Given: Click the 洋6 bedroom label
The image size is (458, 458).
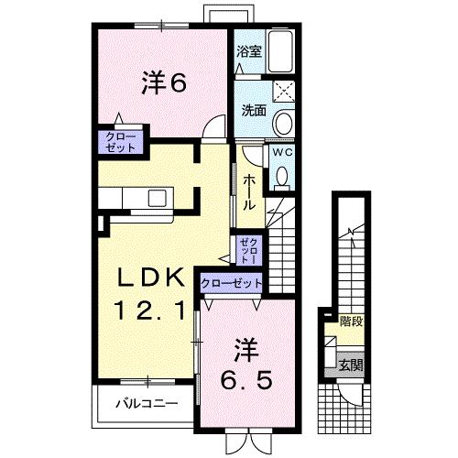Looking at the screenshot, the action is pyautogui.click(x=164, y=82).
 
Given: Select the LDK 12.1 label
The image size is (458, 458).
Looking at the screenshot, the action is pyautogui.click(x=151, y=294).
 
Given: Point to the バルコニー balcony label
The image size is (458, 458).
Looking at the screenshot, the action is pyautogui.click(x=147, y=404).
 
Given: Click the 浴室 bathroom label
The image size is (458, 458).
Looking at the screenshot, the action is pyautogui.click(x=249, y=51).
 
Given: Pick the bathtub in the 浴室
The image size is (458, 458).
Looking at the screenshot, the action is pyautogui.click(x=280, y=51).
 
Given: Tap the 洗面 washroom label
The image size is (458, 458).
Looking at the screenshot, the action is pyautogui.click(x=254, y=110).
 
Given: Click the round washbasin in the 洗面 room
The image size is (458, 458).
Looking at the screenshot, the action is pyautogui.click(x=284, y=123).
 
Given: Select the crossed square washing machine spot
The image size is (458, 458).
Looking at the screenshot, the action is pyautogui.click(x=284, y=92).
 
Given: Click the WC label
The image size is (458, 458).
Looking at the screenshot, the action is pyautogui.click(x=283, y=152).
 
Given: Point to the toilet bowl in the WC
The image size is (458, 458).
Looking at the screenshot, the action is pyautogui.click(x=281, y=176).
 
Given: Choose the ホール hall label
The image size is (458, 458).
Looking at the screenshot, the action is pyautogui.click(x=249, y=191).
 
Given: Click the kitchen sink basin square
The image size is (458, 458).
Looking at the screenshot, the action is pyautogui.click(x=158, y=198).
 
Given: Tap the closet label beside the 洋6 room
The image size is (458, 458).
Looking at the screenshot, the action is pyautogui.click(x=120, y=142).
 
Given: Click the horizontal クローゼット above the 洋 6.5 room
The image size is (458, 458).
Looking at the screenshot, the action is pyautogui.click(x=232, y=284).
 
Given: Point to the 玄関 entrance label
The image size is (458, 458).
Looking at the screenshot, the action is pyautogui.click(x=351, y=365).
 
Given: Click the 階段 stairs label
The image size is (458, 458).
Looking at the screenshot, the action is pyautogui.click(x=352, y=322).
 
